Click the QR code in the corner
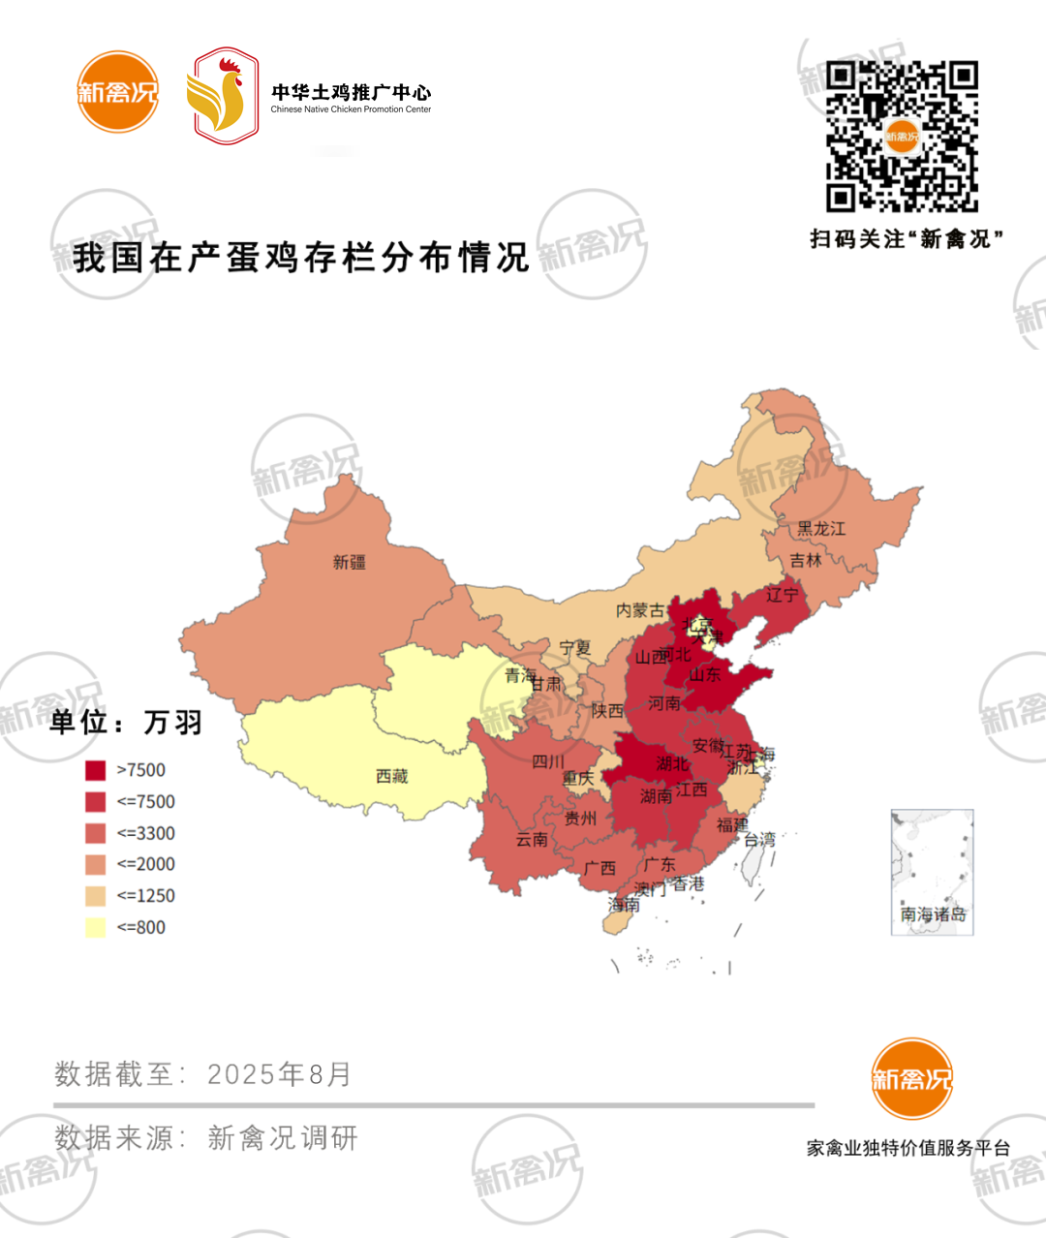(x=902, y=137)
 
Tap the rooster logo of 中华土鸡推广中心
(x=223, y=96)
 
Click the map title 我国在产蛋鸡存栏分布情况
(x=301, y=258)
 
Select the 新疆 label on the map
(x=349, y=562)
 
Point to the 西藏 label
(x=391, y=776)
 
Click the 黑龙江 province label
(x=820, y=529)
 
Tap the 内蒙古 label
(x=640, y=610)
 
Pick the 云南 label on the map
(x=532, y=839)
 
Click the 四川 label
(x=547, y=761)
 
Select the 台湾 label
(x=759, y=839)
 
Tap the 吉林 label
(x=805, y=560)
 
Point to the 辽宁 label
(x=782, y=595)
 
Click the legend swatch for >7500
(x=95, y=770)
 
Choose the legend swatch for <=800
(x=95, y=927)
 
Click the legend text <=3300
(x=146, y=833)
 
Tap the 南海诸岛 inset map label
(x=932, y=914)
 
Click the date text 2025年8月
(x=279, y=1074)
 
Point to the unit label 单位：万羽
(x=126, y=723)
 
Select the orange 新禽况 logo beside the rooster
(x=117, y=92)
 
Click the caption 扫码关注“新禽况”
(x=906, y=238)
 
